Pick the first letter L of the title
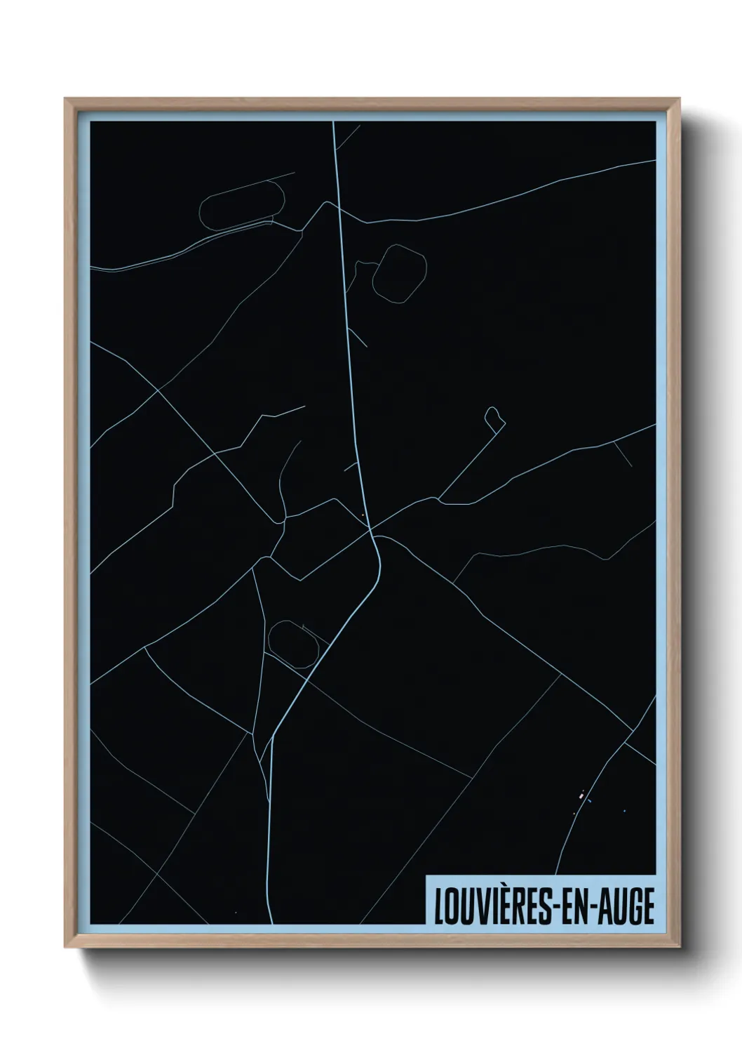439,906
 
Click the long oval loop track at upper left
242,204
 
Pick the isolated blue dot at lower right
624,812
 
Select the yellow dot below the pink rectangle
574,814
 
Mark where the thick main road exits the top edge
334,123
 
